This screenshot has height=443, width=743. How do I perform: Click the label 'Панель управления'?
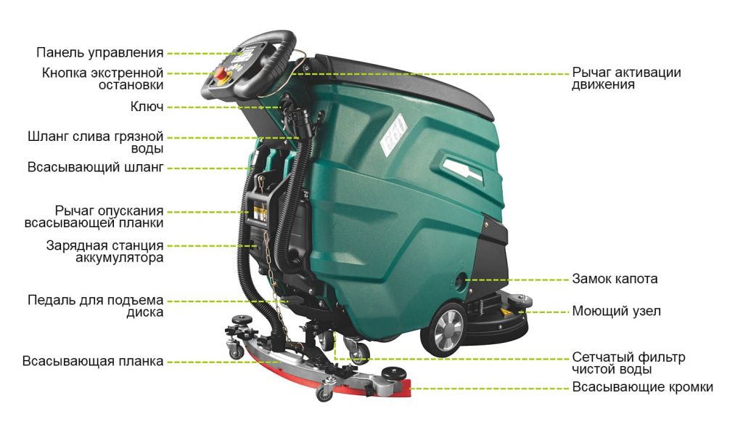[x=100, y=52]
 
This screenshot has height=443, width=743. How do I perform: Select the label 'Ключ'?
[x=147, y=107]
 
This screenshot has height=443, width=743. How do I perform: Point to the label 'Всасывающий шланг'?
[x=95, y=168]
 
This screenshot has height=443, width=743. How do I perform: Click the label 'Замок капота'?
[x=615, y=278]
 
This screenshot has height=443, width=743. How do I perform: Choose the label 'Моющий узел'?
[x=616, y=311]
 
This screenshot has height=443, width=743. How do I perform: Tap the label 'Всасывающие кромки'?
[x=643, y=387]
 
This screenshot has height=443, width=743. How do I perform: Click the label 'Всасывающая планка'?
[x=93, y=361]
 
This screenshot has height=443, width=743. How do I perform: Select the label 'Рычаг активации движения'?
[x=626, y=78]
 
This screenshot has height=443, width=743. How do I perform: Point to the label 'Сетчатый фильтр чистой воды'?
[x=628, y=363]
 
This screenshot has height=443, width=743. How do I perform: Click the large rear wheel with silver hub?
[x=444, y=328]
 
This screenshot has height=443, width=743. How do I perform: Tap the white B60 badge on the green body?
[x=394, y=134]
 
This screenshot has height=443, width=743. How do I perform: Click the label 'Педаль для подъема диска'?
[x=95, y=306]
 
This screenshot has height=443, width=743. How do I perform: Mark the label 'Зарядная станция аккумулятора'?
[x=104, y=251]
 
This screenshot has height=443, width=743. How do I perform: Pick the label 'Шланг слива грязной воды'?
[x=95, y=142]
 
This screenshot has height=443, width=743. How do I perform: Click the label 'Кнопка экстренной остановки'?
[x=102, y=78]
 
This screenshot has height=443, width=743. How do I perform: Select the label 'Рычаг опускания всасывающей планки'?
[x=94, y=216]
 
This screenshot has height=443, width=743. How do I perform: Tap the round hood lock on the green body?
[x=459, y=280]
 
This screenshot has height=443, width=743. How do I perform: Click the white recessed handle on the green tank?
[x=461, y=170]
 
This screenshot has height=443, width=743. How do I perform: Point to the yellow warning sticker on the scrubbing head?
[x=504, y=312]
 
